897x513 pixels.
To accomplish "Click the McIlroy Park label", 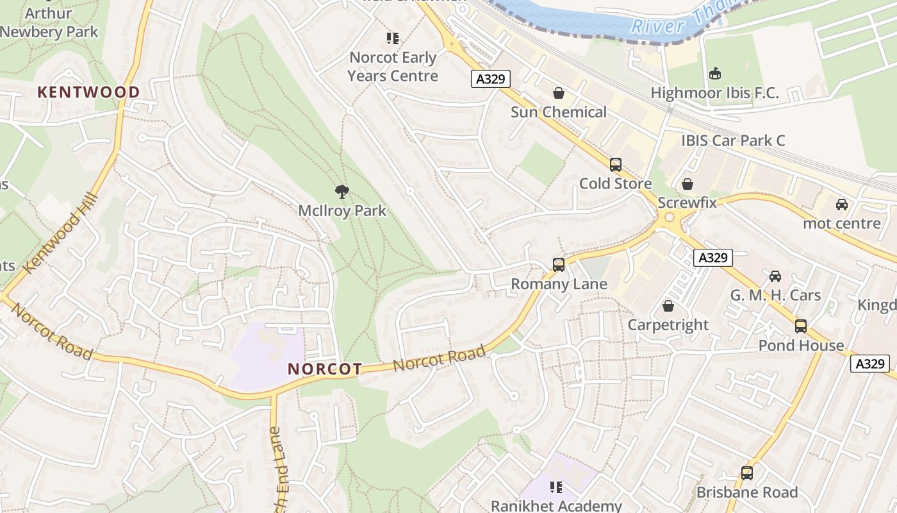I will [x=342, y=210].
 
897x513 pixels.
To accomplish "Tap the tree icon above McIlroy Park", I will [x=342, y=190].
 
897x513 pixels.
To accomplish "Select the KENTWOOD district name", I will [x=88, y=92].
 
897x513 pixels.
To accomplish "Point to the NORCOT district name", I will [x=325, y=369].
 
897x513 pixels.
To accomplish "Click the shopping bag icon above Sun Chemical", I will [x=559, y=93].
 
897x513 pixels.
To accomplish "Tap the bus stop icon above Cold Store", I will [x=616, y=165].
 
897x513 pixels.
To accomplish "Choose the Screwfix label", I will [x=687, y=203].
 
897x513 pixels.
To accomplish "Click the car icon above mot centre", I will [x=841, y=205].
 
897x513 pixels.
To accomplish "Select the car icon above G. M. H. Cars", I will [x=775, y=276].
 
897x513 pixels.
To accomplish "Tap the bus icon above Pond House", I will [x=801, y=326].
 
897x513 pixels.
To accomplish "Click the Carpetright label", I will [x=668, y=325].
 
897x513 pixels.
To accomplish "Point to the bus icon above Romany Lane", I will [x=558, y=264].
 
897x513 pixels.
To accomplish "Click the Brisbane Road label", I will [x=747, y=492].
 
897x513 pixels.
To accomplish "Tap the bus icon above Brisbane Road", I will [x=747, y=473].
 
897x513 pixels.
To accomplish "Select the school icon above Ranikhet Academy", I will [x=555, y=487].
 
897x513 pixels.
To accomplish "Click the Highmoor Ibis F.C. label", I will [x=714, y=93].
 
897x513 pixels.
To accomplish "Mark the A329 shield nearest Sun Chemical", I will [x=491, y=79].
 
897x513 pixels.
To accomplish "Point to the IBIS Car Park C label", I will [x=733, y=140].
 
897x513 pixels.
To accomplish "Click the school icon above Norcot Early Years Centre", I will [x=393, y=38].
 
